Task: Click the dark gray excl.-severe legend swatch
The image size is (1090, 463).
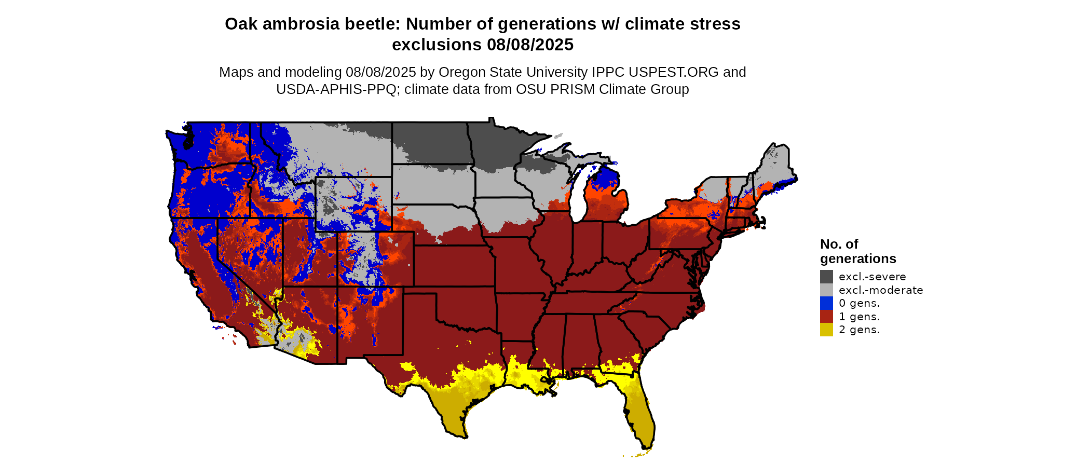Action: (x=826, y=277)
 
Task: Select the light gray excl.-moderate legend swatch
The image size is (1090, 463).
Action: (x=826, y=290)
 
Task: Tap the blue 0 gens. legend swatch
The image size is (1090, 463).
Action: (x=826, y=303)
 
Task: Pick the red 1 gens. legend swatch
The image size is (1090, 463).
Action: (x=826, y=317)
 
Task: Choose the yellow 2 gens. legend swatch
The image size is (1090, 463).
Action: (x=826, y=330)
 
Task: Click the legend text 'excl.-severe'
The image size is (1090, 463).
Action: (x=872, y=277)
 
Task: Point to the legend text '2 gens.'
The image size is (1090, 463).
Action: (x=859, y=330)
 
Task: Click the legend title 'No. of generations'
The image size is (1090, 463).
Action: (x=857, y=251)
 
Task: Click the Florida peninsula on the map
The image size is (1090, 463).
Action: (x=638, y=410)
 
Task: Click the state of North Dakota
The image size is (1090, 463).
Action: (x=431, y=143)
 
